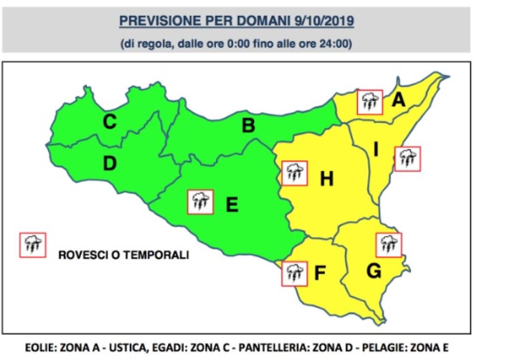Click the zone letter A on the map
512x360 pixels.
pos(399,100)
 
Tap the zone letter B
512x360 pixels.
pos(248,126)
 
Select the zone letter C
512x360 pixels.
pos(110,123)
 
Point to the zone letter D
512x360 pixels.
pos(110,164)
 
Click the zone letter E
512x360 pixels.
pos(232,205)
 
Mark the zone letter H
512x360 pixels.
pos(326,180)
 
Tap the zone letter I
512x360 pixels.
pos(376,149)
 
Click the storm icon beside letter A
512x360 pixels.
pos(370,102)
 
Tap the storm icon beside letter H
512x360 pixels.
pos(294,173)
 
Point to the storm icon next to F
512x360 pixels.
pos(294,274)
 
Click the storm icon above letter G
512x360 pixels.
pos(389,245)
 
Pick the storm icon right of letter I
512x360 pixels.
pos(407,159)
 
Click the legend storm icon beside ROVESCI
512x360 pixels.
pos(32,245)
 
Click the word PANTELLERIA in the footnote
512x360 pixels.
pos(268,348)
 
